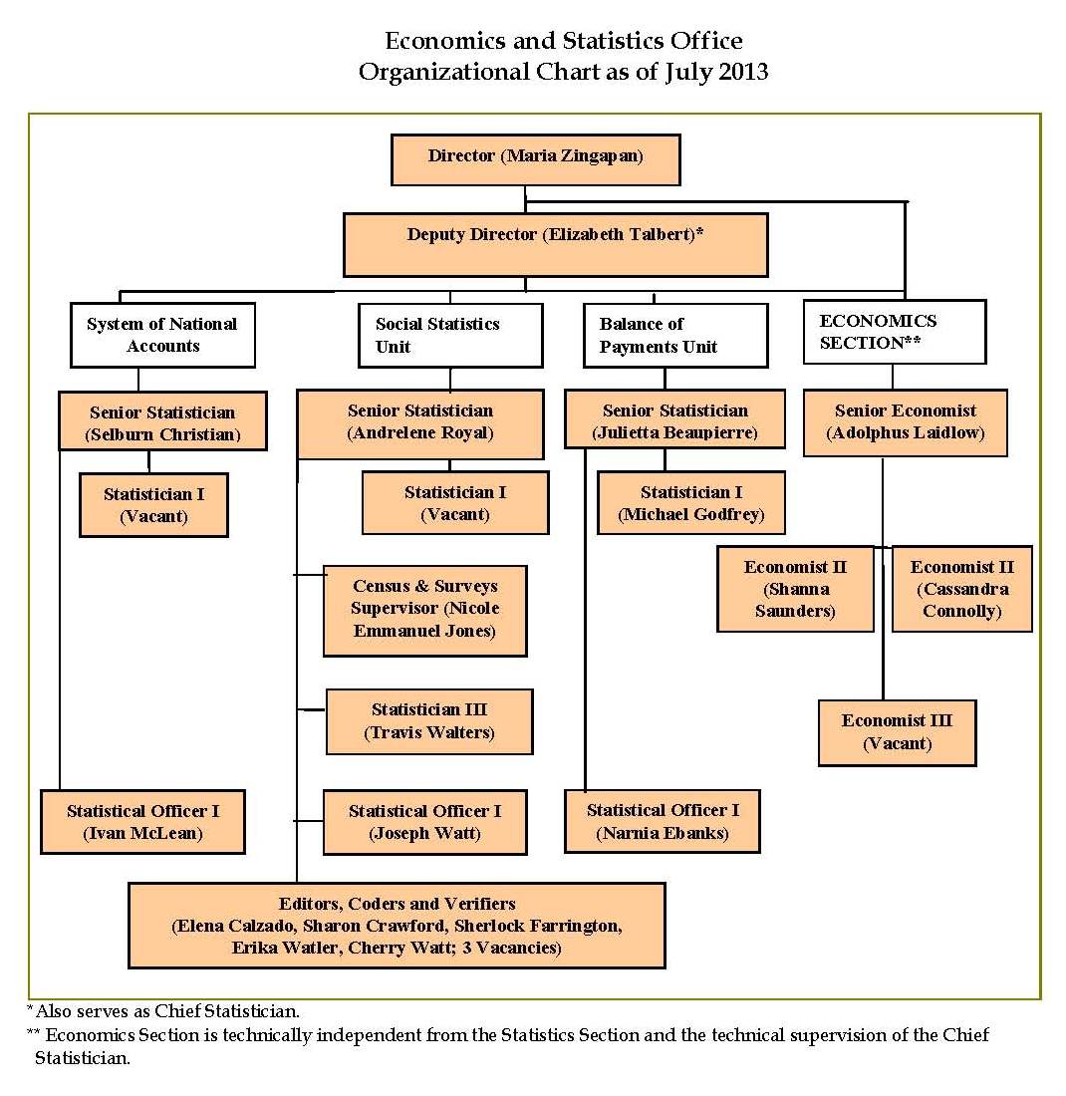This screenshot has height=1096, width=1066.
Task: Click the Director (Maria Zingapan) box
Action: [535, 160]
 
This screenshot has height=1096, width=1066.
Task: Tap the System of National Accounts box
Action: [162, 335]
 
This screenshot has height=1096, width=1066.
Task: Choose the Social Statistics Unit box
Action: [450, 335]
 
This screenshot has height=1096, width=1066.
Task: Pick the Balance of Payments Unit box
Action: [674, 335]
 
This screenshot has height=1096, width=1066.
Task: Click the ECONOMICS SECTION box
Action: [894, 332]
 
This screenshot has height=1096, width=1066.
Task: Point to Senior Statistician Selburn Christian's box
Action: [162, 422]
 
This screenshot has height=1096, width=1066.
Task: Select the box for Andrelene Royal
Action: [419, 423]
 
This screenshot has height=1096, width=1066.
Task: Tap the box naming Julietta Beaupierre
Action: [674, 422]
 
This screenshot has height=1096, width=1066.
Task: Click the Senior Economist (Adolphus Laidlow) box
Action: [905, 422]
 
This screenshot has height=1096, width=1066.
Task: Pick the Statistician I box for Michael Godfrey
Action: [690, 503]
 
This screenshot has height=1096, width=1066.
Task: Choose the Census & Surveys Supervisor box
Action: [424, 610]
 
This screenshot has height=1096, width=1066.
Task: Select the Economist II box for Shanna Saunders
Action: [794, 589]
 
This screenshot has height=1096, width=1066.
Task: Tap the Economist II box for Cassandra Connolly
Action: [961, 589]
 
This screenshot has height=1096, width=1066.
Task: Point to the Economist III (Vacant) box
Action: [897, 732]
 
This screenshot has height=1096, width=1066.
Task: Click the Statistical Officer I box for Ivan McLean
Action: [142, 822]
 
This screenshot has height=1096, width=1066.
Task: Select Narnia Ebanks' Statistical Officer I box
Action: [663, 822]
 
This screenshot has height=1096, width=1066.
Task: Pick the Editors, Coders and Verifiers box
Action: [397, 926]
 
